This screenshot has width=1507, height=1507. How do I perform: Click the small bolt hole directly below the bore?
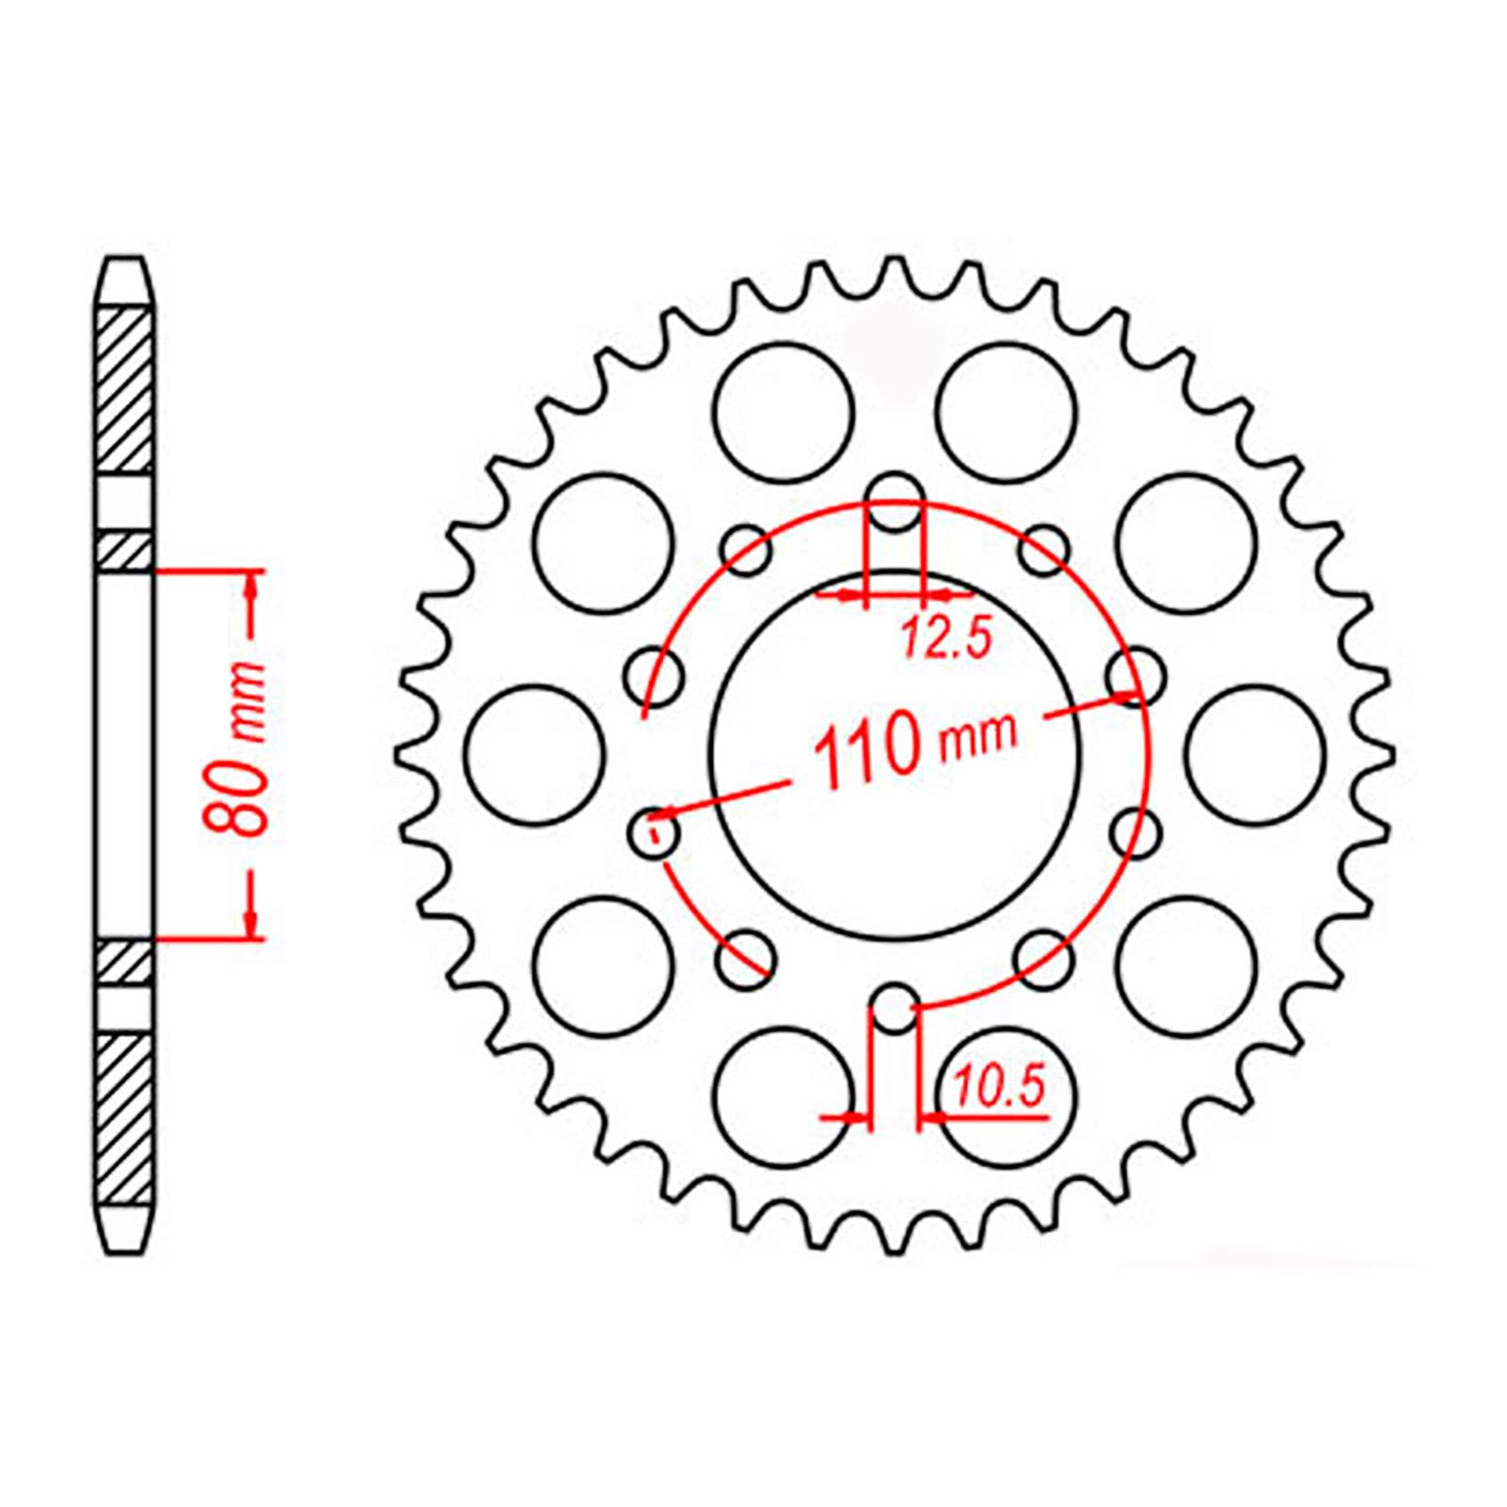(x=895, y=1008)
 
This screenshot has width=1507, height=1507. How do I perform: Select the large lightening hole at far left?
(x=534, y=755)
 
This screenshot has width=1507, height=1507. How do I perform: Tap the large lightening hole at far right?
(x=1256, y=755)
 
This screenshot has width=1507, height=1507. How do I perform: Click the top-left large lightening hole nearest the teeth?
(x=784, y=413)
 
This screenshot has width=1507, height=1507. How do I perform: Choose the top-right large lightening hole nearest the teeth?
(x=1006, y=413)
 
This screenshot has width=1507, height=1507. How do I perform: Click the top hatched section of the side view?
(x=124, y=389)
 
